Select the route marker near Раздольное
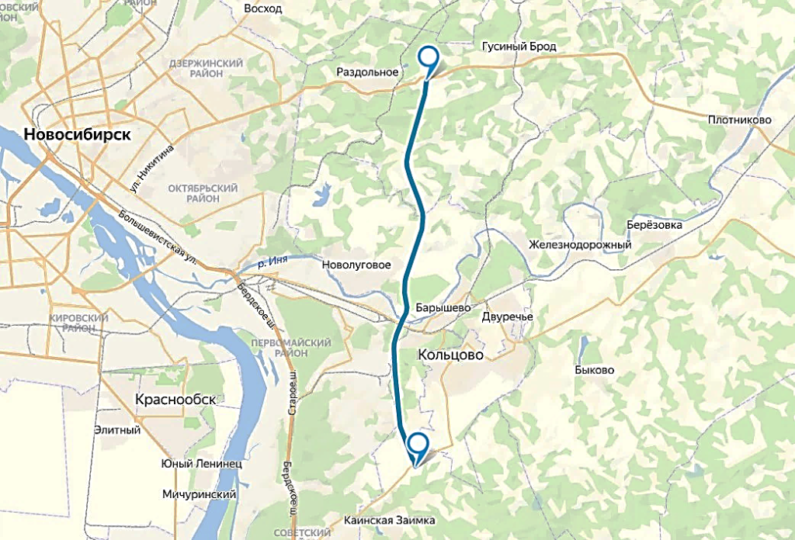[429, 57]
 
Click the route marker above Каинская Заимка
[418, 445]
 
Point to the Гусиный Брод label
[519, 47]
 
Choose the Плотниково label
[739, 120]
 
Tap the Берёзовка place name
[654, 225]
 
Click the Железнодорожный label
[579, 245]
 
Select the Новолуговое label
[356, 265]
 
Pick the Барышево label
[443, 307]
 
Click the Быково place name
[595, 370]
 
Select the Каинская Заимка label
[389, 520]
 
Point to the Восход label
[262, 9]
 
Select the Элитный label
[117, 429]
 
